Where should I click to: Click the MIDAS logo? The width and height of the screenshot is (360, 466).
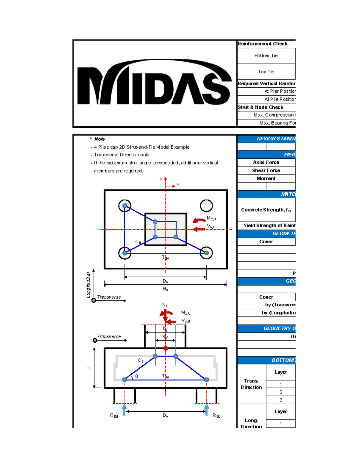pyautogui.click(x=154, y=83)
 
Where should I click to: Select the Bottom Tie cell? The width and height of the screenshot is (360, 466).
pyautogui.click(x=266, y=56)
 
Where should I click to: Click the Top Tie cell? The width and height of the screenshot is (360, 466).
pyautogui.click(x=266, y=72)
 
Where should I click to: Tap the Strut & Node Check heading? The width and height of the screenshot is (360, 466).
pyautogui.click(x=260, y=107)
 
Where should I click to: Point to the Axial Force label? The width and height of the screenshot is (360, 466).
pyautogui.click(x=266, y=162)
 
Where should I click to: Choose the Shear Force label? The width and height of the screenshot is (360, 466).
pyautogui.click(x=266, y=170)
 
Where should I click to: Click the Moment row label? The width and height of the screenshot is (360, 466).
pyautogui.click(x=266, y=179)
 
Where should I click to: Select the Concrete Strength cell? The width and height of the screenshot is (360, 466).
pyautogui.click(x=266, y=210)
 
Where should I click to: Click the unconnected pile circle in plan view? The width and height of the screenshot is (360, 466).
pyautogui.click(x=206, y=206)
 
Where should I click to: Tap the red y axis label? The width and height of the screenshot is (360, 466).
pyautogui.click(x=178, y=184)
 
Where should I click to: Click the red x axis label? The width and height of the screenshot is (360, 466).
pyautogui.click(x=161, y=179)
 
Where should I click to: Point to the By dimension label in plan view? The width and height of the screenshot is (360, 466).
pyautogui.click(x=165, y=289)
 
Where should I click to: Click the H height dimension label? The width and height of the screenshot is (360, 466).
pyautogui.click(x=88, y=368)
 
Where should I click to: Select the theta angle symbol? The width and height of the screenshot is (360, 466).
pyautogui.click(x=136, y=376)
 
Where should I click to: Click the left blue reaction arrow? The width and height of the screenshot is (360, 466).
pyautogui.click(x=124, y=410)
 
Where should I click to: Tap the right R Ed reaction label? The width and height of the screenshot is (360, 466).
pyautogui.click(x=216, y=416)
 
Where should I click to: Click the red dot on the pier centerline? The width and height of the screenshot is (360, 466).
pyautogui.click(x=166, y=348)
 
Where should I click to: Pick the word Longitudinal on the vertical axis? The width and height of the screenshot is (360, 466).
pyautogui.click(x=88, y=285)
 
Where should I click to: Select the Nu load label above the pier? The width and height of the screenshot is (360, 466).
pyautogui.click(x=165, y=305)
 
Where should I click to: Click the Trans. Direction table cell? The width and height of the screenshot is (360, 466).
pyautogui.click(x=251, y=384)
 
